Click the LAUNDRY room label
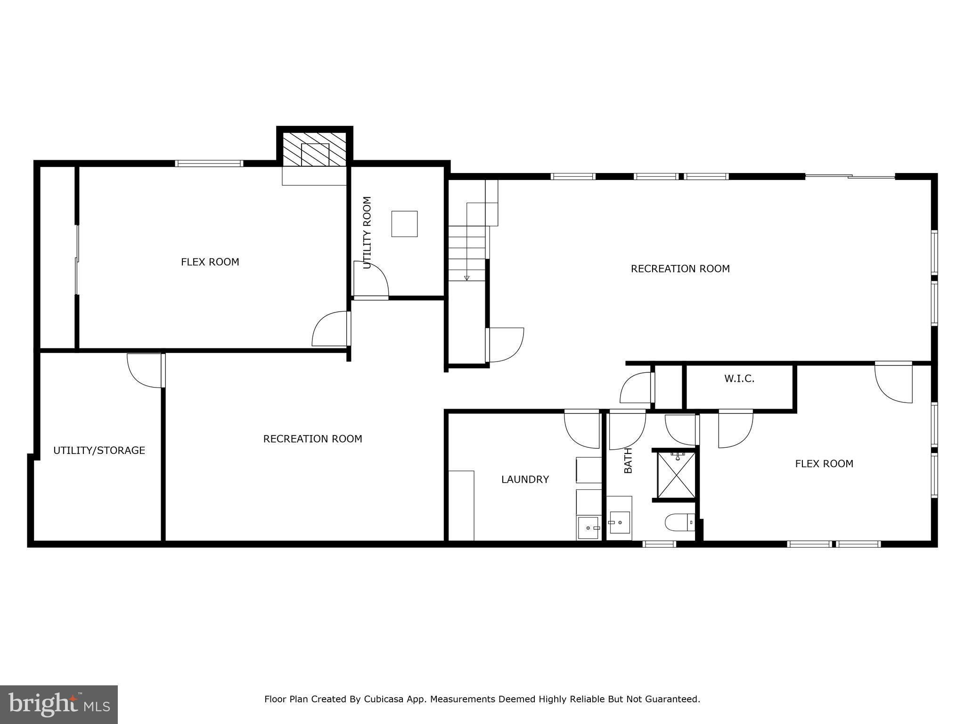pos(525,479)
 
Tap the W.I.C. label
pos(739,378)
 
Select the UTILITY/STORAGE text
pos(99,450)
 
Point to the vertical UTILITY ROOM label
pos(368,232)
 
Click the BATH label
pos(628,461)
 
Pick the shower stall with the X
pos(676,475)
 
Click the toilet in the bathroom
pos(679,522)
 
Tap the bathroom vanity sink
pos(620,522)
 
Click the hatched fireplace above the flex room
pos(315,149)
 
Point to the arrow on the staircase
pos(466,278)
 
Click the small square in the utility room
pos(404,224)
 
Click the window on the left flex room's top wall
pos(209,164)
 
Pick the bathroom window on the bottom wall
pos(659,544)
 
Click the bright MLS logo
pos(59,705)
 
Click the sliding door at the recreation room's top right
pos(850,177)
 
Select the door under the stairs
pos(505,345)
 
